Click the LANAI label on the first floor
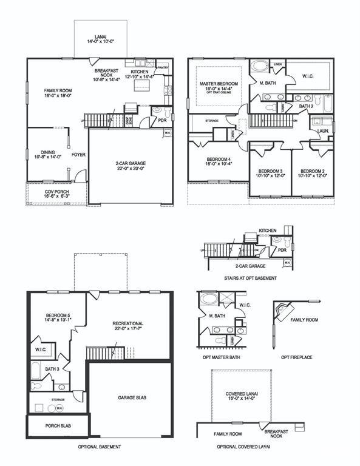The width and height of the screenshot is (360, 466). pyautogui.click(x=100, y=39)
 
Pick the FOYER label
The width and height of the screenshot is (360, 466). pyautogui.click(x=78, y=155)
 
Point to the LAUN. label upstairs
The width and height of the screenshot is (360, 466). pyautogui.click(x=323, y=130)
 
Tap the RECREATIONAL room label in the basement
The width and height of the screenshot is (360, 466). pyautogui.click(x=128, y=326)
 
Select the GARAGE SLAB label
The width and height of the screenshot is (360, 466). pyautogui.click(x=131, y=397)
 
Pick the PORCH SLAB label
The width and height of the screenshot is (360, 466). pyautogui.click(x=58, y=426)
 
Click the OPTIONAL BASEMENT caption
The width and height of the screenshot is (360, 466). pyautogui.click(x=99, y=447)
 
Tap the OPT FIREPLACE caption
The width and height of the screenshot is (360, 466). pyautogui.click(x=296, y=357)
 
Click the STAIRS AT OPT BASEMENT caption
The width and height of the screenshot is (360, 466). pyautogui.click(x=250, y=278)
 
